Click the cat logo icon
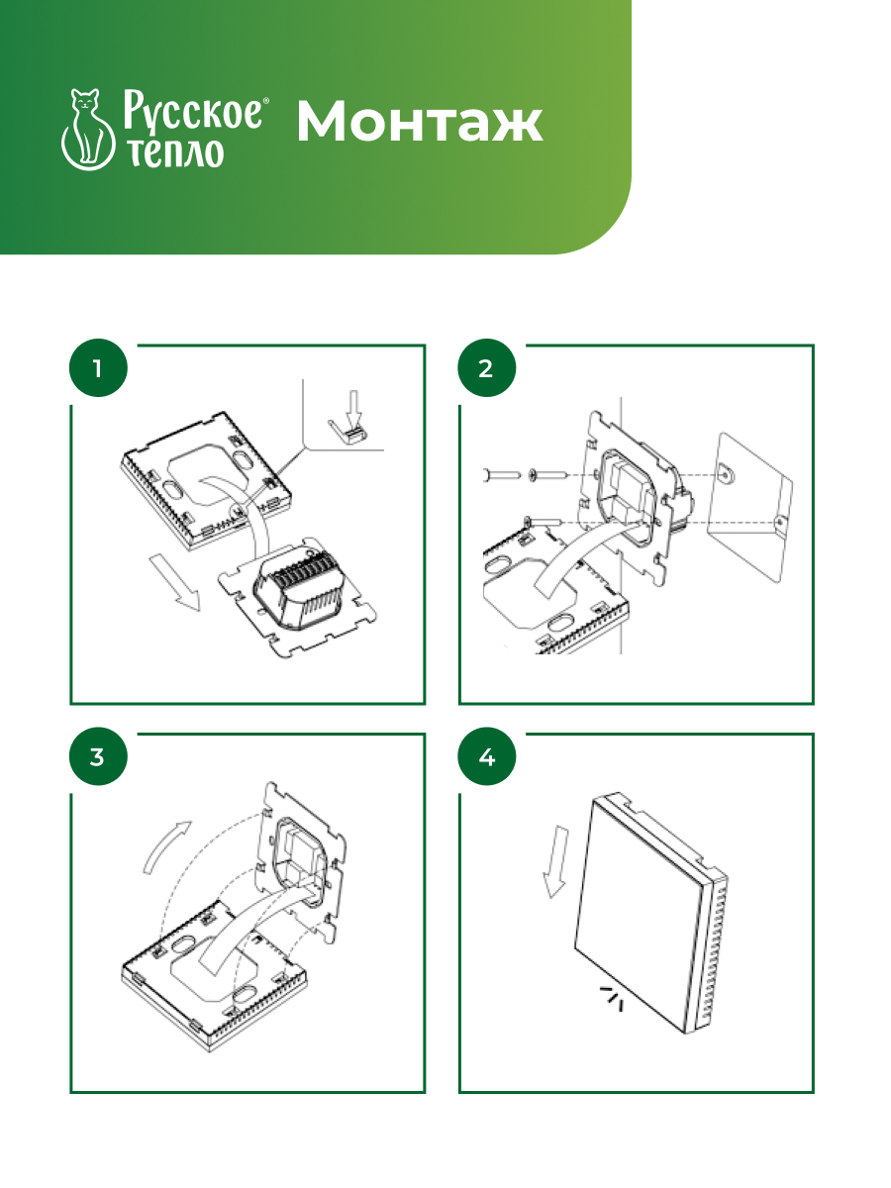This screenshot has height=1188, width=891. click(x=87, y=130)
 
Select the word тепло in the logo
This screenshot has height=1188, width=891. click(x=175, y=153)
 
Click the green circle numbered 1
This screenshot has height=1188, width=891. click(x=98, y=368)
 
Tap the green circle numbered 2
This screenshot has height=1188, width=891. click(x=486, y=368)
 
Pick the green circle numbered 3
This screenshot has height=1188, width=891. click(x=98, y=756)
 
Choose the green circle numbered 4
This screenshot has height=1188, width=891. click(x=486, y=756)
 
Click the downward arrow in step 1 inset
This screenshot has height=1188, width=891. click(x=353, y=408)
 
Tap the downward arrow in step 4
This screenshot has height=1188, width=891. click(x=555, y=861)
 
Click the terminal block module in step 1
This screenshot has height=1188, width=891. click(x=300, y=592)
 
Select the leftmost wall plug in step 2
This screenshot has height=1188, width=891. click(x=501, y=475)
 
